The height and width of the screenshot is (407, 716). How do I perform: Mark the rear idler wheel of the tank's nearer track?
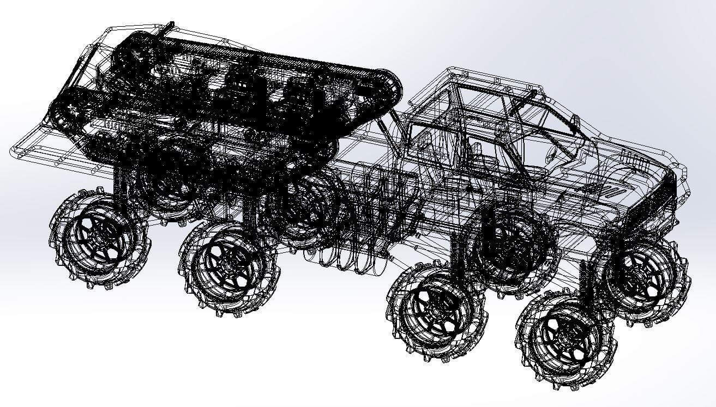click(65, 112)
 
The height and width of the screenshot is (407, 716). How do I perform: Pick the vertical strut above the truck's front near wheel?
click(586, 278)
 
